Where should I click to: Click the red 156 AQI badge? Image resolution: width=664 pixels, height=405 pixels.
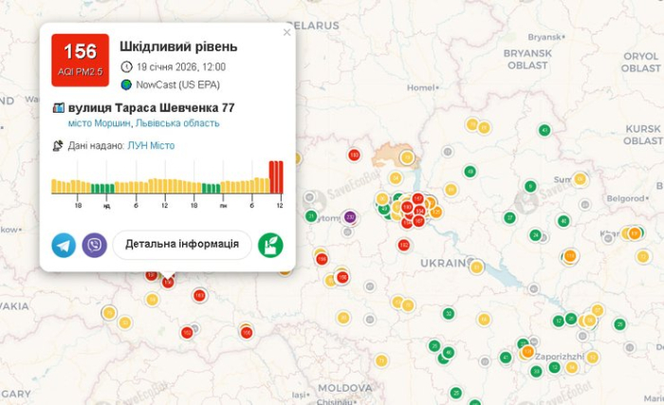tap(80, 59)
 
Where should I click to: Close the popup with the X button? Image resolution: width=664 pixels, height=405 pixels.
tap(287, 32)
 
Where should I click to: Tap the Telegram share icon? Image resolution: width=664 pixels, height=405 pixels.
tap(64, 245)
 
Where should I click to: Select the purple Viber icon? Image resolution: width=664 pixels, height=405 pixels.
tap(94, 245)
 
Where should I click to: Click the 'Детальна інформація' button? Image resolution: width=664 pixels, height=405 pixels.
tap(182, 245)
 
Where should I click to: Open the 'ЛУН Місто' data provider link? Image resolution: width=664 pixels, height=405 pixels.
tap(151, 145)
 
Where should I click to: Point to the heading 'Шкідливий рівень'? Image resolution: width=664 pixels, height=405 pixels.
tap(178, 46)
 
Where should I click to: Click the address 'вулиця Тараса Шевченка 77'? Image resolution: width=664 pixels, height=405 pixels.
tap(152, 107)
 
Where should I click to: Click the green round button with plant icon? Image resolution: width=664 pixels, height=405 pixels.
tap(270, 245)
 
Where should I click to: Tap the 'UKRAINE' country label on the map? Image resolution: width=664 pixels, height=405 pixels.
tap(446, 262)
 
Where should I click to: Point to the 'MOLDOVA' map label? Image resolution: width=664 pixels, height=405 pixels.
tap(344, 388)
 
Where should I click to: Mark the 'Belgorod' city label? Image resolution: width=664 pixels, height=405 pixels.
tap(625, 198)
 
